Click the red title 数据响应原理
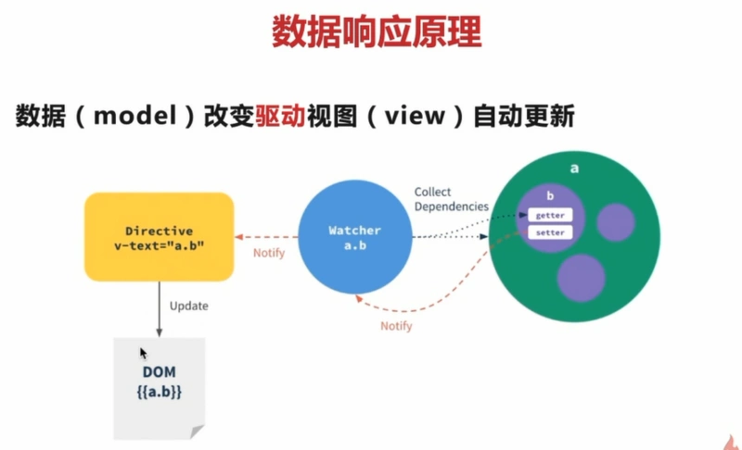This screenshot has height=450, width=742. pos(376,31)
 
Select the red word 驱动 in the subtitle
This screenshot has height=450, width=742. pos(279,118)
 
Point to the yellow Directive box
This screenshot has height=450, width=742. pos(159,236)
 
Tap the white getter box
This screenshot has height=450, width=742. pos(550,215)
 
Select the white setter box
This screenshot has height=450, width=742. pos(550,232)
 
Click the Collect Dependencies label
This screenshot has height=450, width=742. pos(451,199)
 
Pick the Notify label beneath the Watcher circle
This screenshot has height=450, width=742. pos(396,326)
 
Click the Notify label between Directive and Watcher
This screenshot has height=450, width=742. pos(268,253)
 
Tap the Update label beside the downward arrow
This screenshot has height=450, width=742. pos(188,306)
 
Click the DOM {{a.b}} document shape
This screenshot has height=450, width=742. pos(159,385)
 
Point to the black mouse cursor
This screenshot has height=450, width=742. pos(143,353)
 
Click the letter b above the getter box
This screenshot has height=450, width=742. pos(549,197)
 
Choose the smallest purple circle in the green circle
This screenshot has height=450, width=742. pos(615,222)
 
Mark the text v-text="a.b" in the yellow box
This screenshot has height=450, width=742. pos(159,244)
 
